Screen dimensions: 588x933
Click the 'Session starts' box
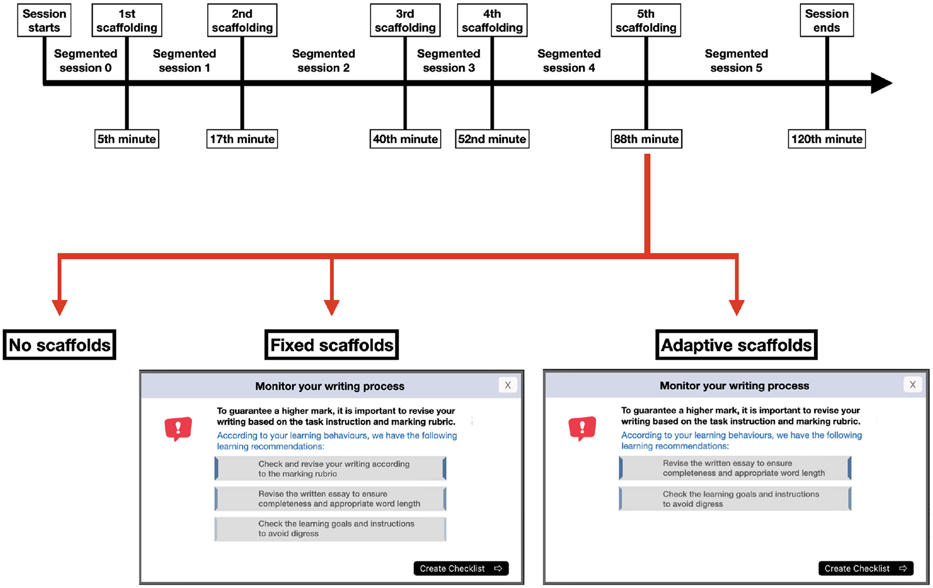click(44, 21)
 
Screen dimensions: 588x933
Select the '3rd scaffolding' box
click(405, 21)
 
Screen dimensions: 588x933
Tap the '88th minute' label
click(646, 139)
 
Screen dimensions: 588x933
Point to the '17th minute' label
click(242, 139)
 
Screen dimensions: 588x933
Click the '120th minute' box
click(827, 139)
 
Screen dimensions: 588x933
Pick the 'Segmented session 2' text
click(323, 60)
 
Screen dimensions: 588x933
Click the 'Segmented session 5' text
click(736, 60)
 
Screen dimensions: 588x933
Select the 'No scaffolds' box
click(59, 345)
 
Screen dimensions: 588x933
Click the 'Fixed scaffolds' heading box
click(331, 345)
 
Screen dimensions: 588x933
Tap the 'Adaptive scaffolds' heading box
click(736, 345)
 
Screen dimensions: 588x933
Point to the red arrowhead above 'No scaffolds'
click(59, 307)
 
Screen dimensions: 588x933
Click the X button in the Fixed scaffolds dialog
click(508, 385)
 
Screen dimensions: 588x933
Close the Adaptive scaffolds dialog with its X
click(912, 384)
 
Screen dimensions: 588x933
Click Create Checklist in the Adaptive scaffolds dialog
click(866, 568)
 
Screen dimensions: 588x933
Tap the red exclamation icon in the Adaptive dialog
click(582, 428)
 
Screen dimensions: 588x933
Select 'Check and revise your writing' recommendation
click(331, 469)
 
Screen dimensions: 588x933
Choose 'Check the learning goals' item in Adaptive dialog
click(735, 499)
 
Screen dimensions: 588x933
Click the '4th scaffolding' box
click(492, 21)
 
